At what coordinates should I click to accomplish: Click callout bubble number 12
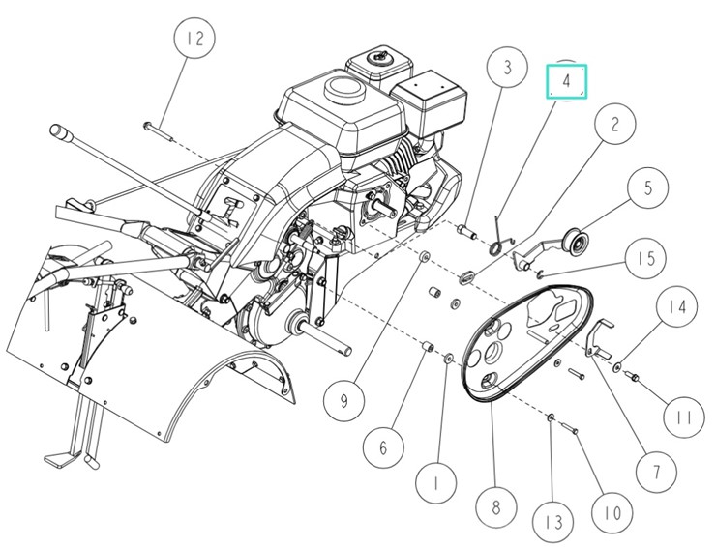click(195, 42)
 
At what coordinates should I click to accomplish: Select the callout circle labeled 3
click(507, 70)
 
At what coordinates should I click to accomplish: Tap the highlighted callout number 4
click(567, 81)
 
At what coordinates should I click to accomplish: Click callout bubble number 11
click(683, 417)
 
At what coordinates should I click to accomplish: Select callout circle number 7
click(655, 473)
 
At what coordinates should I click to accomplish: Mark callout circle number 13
click(553, 522)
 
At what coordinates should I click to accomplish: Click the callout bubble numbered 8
click(495, 505)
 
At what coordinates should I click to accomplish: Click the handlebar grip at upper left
click(65, 131)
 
